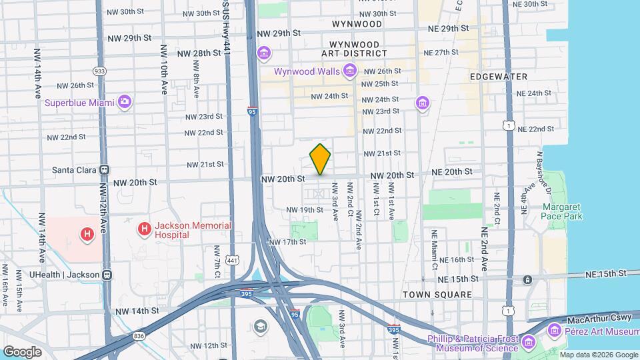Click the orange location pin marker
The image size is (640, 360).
click(320, 159)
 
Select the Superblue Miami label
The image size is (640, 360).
click(79, 103)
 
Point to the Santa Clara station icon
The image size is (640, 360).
click(105, 170)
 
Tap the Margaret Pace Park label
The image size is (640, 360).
click(562, 211)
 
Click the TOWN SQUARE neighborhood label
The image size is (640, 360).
click(437, 295)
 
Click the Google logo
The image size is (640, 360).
click(22, 351)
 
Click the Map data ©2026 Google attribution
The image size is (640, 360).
click(598, 355)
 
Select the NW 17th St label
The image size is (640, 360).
click(287, 242)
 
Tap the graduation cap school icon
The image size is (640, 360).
click(260, 326)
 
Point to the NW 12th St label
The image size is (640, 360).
click(209, 346)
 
